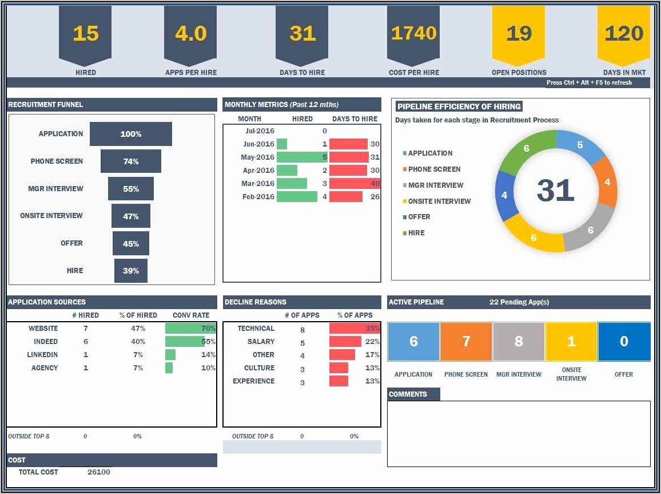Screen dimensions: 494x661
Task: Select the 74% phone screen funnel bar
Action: (x=131, y=161)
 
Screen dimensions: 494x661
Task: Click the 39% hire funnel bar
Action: (x=131, y=271)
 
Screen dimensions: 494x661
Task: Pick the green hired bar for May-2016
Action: (x=301, y=157)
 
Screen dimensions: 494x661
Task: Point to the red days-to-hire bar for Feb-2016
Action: (x=346, y=196)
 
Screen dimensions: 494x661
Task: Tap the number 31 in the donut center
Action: (x=555, y=190)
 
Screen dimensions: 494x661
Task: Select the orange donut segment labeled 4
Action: (x=606, y=182)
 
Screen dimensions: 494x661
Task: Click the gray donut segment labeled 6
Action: (x=590, y=230)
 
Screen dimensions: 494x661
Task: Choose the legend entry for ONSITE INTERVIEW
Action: (x=439, y=201)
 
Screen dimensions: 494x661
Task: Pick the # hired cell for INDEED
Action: (x=86, y=341)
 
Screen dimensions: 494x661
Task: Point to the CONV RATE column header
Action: (x=191, y=315)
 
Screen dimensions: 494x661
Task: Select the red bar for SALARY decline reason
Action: (x=345, y=341)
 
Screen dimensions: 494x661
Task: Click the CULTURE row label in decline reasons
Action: (x=259, y=367)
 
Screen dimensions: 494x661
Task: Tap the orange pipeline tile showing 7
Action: (x=466, y=342)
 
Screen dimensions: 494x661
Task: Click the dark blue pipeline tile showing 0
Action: (x=624, y=342)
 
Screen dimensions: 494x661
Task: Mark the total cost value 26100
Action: (x=99, y=472)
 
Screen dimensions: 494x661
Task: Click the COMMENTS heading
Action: (x=408, y=394)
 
